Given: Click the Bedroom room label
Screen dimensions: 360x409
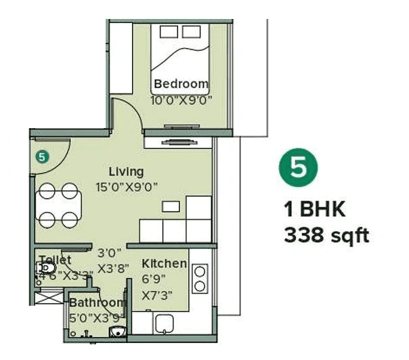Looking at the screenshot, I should click(x=181, y=84).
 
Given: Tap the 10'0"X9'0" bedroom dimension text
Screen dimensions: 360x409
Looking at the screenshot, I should click(x=181, y=99).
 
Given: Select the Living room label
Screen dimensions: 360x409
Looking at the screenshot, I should click(x=126, y=172).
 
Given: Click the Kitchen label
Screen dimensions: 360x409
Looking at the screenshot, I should click(x=165, y=263).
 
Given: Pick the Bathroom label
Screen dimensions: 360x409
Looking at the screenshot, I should click(x=98, y=303).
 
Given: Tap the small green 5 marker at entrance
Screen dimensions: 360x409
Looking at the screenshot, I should click(x=43, y=157).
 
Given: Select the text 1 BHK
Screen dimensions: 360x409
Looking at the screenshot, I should click(x=314, y=209).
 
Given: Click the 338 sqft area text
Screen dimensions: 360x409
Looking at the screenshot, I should click(x=326, y=236).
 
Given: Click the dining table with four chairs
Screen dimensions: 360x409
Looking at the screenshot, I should click(x=58, y=205).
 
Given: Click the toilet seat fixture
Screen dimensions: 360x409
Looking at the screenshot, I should click(x=45, y=269).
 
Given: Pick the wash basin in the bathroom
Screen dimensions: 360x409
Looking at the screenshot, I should click(x=117, y=332).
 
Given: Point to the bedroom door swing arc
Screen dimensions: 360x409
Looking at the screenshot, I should click(x=129, y=113).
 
